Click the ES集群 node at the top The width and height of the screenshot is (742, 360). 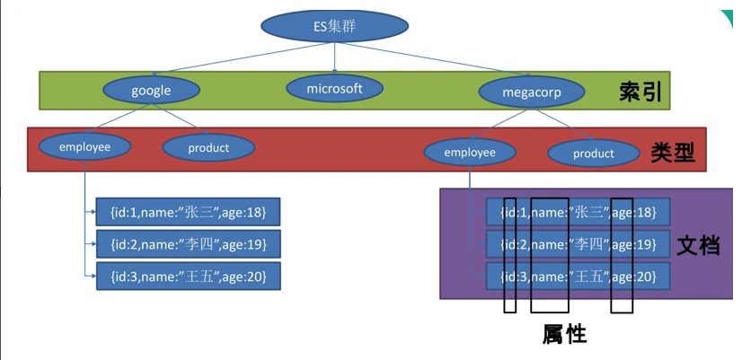334,27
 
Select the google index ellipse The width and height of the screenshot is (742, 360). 151,91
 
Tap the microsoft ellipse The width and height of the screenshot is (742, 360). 334,88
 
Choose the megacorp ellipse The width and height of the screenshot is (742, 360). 532,92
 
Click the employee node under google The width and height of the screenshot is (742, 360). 84,146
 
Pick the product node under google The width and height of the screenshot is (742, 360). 208,147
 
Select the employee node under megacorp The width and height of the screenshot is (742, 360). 470,153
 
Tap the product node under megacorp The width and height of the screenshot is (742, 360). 594,154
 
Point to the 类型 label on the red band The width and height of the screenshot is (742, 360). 673,153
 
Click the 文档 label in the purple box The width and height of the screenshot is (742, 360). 698,244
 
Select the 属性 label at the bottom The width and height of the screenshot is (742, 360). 564,334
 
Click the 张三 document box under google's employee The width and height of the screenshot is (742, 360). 189,212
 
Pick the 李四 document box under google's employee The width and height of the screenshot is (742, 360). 189,244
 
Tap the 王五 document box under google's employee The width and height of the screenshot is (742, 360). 189,276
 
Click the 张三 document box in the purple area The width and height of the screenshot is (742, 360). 579,212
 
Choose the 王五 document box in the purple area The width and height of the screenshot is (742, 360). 579,277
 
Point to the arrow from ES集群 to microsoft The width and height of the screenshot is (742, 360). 334,58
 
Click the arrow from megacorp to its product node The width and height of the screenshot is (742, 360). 561,123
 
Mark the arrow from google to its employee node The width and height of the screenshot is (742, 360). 120,118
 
